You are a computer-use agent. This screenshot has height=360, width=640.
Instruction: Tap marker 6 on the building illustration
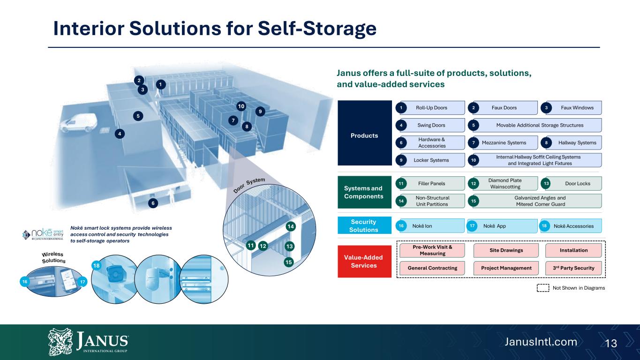pyautogui.click(x=153, y=203)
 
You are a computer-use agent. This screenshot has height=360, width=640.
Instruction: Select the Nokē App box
pyautogui.click(x=502, y=226)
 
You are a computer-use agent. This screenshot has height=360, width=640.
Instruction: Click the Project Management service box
pyautogui.click(x=506, y=268)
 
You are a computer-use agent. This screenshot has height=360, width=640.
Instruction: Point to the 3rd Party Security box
pyautogui.click(x=573, y=268)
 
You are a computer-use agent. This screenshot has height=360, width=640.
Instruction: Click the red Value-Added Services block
pyautogui.click(x=365, y=262)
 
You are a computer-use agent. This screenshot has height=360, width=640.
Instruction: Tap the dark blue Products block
pyautogui.click(x=365, y=133)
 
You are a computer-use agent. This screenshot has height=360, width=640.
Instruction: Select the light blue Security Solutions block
pyautogui.click(x=365, y=225)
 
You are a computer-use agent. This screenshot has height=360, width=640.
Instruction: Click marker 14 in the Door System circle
pyautogui.click(x=291, y=226)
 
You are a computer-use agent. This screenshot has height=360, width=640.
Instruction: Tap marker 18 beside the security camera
pyautogui.click(x=96, y=266)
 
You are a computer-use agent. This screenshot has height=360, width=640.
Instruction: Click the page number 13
pyautogui.click(x=611, y=343)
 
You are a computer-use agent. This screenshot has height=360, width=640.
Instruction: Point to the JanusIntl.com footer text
pyautogui.click(x=541, y=342)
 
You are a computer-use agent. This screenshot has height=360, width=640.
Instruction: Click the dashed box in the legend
pyautogui.click(x=543, y=288)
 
